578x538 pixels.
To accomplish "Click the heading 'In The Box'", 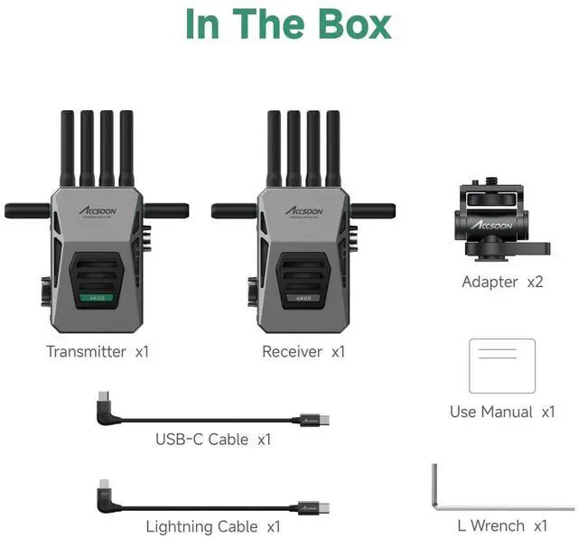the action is coord(289,24).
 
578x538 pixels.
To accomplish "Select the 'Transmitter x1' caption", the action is coord(98,351).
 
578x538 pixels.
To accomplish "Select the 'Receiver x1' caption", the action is coord(303,351).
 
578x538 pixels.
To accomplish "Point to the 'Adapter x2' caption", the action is coord(502,282).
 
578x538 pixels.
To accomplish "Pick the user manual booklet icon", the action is coord(502,365).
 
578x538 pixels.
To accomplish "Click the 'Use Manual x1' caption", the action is coord(502,412).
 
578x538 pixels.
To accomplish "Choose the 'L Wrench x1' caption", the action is coord(502,524).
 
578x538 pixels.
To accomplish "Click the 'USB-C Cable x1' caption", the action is coord(213,440).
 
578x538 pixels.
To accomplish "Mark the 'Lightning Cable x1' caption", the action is coord(213,525).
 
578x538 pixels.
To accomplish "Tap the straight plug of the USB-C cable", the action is coord(317,421).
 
